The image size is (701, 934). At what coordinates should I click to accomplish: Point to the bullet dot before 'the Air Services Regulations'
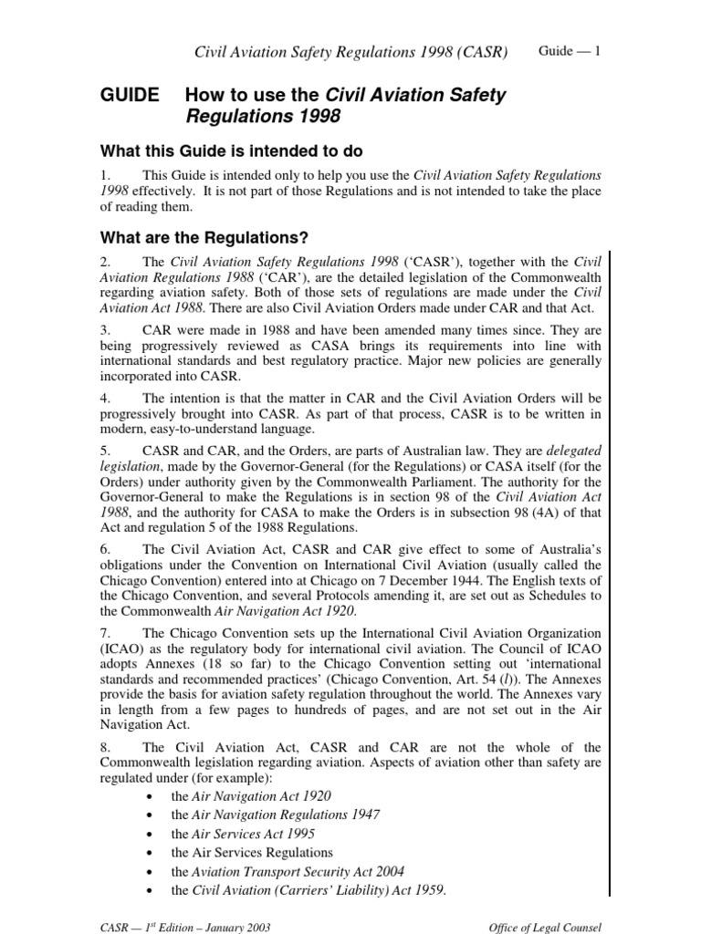(x=149, y=853)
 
